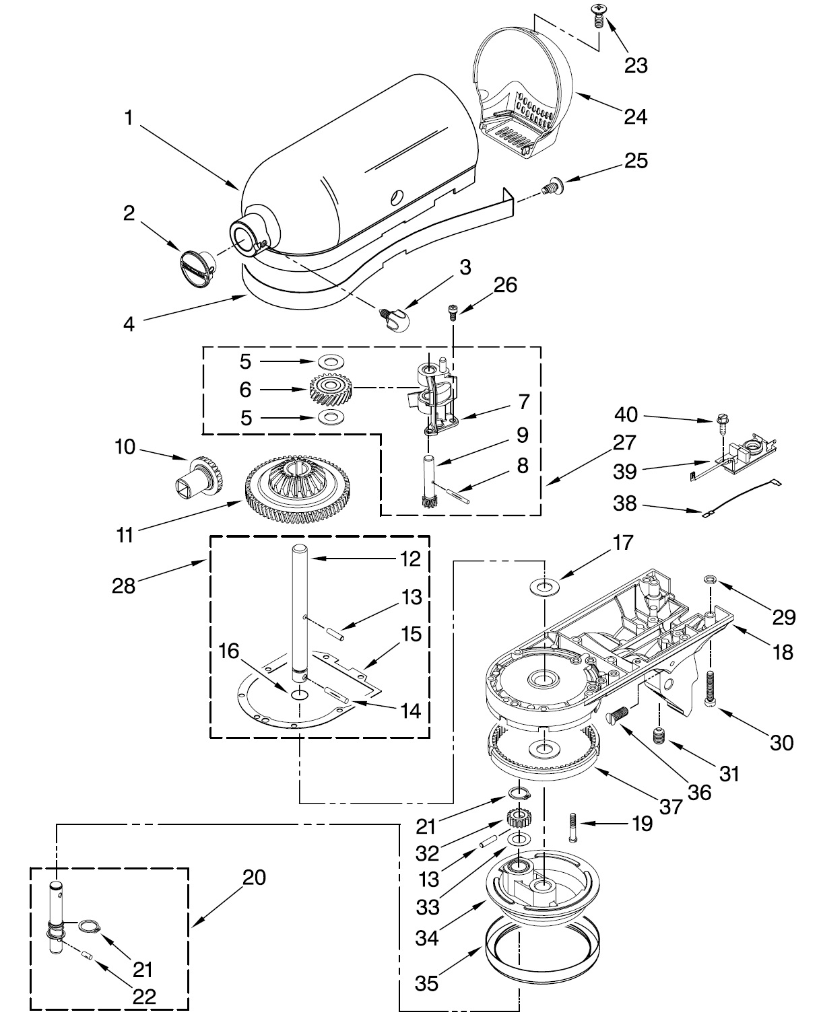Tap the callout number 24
[635, 116]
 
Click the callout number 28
[124, 586]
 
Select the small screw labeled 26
[453, 311]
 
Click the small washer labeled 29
[709, 577]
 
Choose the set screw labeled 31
[659, 736]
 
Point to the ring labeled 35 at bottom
[542, 949]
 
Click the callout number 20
[254, 878]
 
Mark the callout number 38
[625, 503]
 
